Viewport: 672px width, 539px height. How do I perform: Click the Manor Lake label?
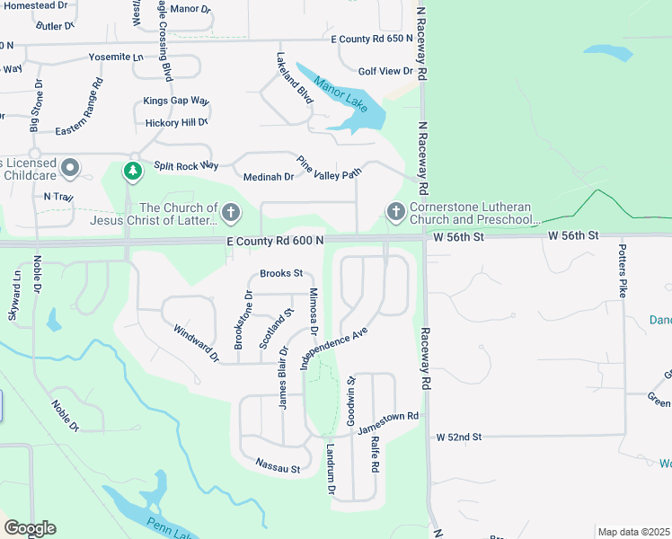pyautogui.click(x=340, y=93)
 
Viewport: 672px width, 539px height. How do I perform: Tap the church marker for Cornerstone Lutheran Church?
pyautogui.click(x=395, y=212)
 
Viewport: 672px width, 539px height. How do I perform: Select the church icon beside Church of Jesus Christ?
pyautogui.click(x=231, y=212)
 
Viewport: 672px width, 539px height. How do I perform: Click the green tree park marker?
pyautogui.click(x=133, y=169)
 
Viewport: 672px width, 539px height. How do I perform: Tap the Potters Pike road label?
pyautogui.click(x=621, y=270)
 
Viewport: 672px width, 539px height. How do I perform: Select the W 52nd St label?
pyautogui.click(x=460, y=437)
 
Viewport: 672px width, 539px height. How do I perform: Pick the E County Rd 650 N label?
pyautogui.click(x=371, y=40)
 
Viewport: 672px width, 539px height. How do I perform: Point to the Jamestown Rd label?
pyautogui.click(x=389, y=423)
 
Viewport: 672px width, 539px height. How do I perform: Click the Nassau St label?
pyautogui.click(x=278, y=465)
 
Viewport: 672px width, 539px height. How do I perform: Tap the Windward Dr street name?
pyautogui.click(x=197, y=344)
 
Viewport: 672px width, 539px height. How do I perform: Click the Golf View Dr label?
pyautogui.click(x=385, y=71)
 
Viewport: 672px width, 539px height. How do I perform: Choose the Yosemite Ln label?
pyautogui.click(x=116, y=57)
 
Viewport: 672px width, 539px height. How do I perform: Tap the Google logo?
pyautogui.click(x=30, y=528)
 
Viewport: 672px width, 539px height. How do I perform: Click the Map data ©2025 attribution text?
pyautogui.click(x=633, y=532)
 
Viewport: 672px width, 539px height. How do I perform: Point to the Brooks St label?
pyautogui.click(x=281, y=273)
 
